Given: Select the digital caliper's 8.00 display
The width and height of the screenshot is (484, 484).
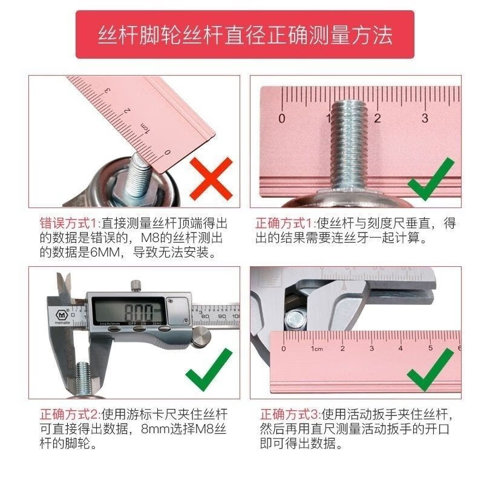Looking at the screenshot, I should coord(141,312).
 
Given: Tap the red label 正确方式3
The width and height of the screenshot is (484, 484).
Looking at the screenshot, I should coord(290,415).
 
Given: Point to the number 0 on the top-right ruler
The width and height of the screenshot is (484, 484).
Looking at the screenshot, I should coord(281,118).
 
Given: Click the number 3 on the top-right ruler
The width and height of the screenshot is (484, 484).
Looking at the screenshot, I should coord(425,118).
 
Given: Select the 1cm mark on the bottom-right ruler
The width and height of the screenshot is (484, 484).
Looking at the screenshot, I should coord(316,349).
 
